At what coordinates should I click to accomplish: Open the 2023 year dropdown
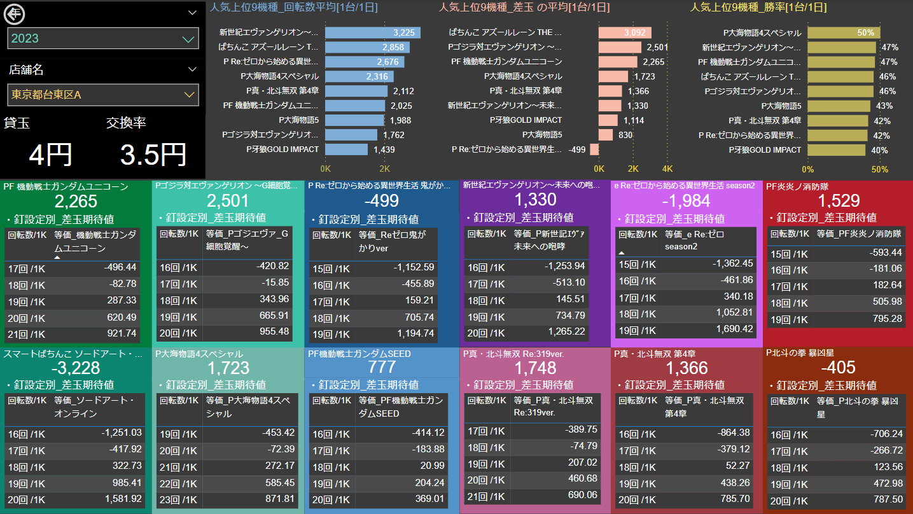(x=103, y=39)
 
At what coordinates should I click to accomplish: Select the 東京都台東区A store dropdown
(x=103, y=95)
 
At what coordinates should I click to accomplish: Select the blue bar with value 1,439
(x=347, y=149)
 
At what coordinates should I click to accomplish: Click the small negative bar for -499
(x=594, y=149)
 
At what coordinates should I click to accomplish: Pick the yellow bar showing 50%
(x=844, y=32)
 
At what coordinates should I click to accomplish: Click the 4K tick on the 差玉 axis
(x=667, y=169)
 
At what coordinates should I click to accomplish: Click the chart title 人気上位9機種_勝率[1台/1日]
(x=758, y=8)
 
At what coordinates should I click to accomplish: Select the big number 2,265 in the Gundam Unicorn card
(x=76, y=202)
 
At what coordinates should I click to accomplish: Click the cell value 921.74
(x=122, y=333)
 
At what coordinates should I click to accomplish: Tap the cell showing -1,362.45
(x=732, y=263)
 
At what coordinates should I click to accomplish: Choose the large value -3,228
(x=76, y=368)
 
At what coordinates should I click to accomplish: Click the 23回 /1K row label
(x=178, y=499)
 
